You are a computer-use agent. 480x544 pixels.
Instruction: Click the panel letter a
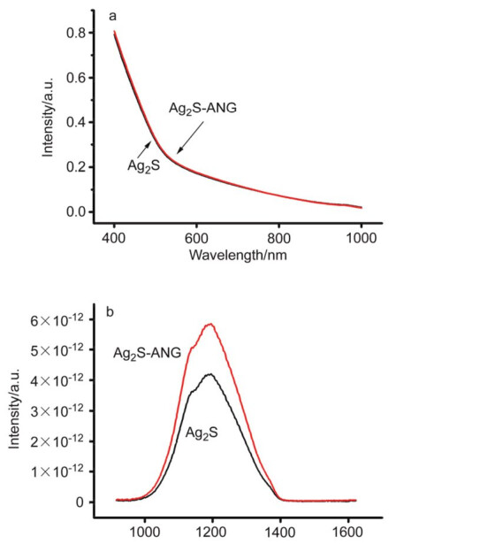(112, 16)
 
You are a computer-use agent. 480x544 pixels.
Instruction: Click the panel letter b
(110, 312)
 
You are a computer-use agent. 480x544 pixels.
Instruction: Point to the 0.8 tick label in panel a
(75, 33)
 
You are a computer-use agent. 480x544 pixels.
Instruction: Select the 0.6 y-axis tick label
(75, 78)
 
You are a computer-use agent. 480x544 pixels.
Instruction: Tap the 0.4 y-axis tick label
(75, 122)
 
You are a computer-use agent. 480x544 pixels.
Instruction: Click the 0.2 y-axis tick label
(75, 167)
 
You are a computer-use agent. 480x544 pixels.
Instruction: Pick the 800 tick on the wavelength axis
(278, 238)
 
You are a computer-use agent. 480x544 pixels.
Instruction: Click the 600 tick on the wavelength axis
(196, 238)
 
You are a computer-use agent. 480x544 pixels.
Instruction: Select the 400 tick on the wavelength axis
(114, 238)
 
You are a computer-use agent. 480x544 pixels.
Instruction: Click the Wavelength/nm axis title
(238, 256)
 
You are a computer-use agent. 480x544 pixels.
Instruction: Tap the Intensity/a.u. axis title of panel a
(48, 117)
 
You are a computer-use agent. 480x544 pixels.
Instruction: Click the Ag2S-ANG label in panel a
(202, 109)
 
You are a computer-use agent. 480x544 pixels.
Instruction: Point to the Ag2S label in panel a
(144, 166)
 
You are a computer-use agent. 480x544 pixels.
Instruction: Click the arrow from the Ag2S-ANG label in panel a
(190, 137)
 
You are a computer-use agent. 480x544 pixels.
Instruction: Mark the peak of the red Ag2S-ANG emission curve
(210, 324)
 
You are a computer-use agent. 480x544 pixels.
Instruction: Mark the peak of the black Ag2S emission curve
(210, 374)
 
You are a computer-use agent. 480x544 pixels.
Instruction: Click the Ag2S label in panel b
(202, 433)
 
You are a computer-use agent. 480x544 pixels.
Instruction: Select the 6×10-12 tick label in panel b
(57, 320)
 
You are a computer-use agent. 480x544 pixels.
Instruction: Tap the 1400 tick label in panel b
(280, 532)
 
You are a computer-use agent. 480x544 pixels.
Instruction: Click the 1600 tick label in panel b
(348, 532)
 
